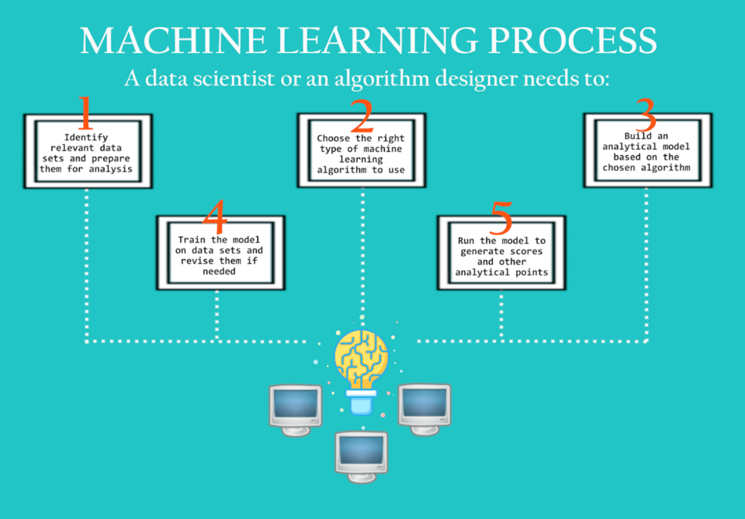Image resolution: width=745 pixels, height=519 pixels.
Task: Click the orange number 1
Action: [x=86, y=115]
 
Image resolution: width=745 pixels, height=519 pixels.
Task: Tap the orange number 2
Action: [x=361, y=115]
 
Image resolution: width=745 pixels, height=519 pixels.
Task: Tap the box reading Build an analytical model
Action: [x=647, y=152]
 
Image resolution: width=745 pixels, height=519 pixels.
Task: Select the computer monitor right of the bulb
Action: [x=424, y=405]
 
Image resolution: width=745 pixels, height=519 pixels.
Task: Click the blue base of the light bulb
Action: [x=361, y=401]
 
